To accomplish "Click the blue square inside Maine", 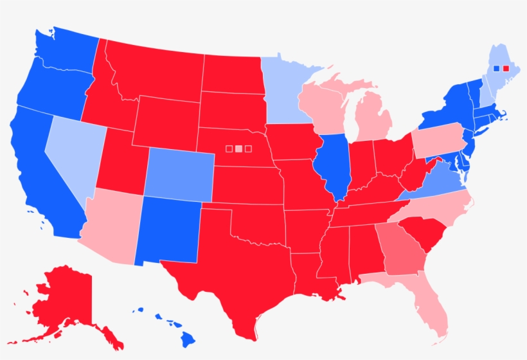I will tap(496, 68).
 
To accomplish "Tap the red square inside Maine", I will tap(506, 68).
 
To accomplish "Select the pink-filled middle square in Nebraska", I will tap(238, 149).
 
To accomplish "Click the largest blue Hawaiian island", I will tap(188, 338).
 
